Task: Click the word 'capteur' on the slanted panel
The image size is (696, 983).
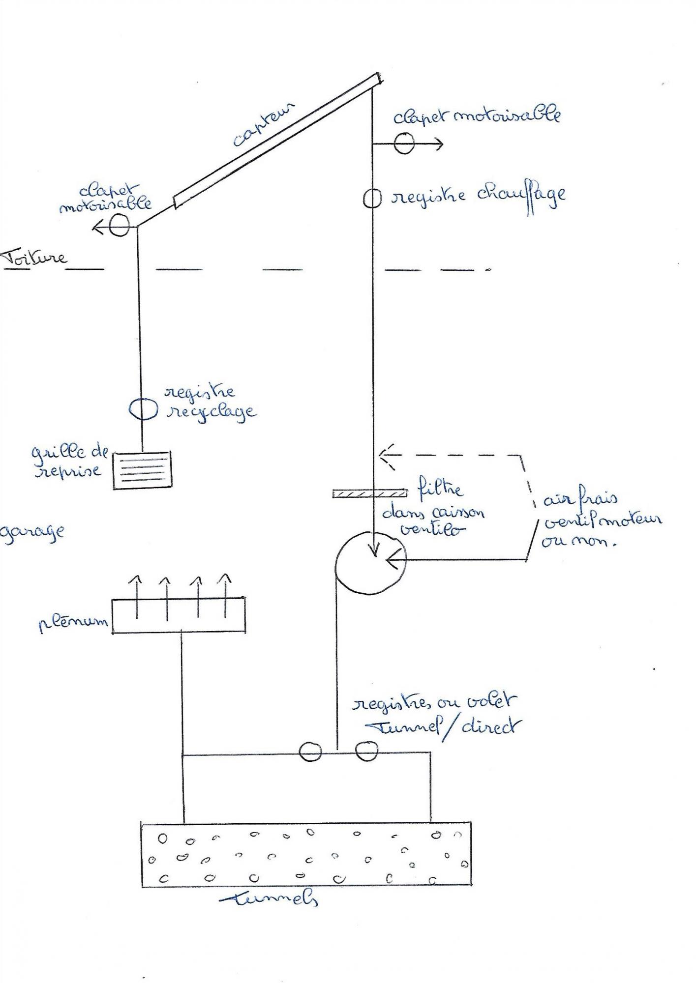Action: pyautogui.click(x=263, y=124)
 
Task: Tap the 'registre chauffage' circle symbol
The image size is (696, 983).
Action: pyautogui.click(x=372, y=199)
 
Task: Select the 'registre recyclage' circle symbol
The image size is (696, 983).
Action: pyautogui.click(x=143, y=408)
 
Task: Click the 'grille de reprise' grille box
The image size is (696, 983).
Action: pyautogui.click(x=143, y=470)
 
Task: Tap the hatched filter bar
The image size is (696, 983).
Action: pyautogui.click(x=370, y=493)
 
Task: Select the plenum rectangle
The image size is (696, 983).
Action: pyautogui.click(x=179, y=615)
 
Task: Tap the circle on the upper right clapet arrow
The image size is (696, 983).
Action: pyautogui.click(x=404, y=144)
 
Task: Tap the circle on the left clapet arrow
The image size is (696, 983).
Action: pyautogui.click(x=119, y=227)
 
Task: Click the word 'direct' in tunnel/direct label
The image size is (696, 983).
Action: pyautogui.click(x=487, y=726)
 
